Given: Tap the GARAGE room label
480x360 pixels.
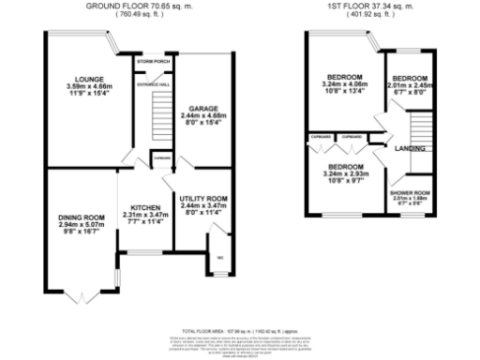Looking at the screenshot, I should [x=202, y=109].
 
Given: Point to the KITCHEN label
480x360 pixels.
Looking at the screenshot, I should [x=145, y=208].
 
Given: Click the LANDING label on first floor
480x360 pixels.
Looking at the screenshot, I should [x=409, y=148].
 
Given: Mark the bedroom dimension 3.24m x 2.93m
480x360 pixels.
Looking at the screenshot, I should [x=344, y=173].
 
